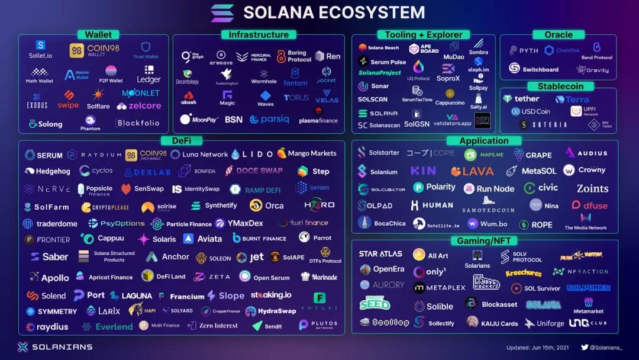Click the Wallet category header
(x=98, y=35)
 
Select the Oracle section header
(x=558, y=35)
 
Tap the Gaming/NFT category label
(x=484, y=241)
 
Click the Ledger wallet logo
(x=149, y=75)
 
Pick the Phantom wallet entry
(x=90, y=124)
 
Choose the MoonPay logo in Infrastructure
(x=199, y=120)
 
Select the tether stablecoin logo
(x=521, y=99)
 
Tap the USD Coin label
(x=531, y=111)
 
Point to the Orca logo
(x=267, y=205)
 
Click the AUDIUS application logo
(x=586, y=153)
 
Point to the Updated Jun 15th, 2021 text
(x=538, y=348)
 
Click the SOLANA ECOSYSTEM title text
(x=334, y=12)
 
